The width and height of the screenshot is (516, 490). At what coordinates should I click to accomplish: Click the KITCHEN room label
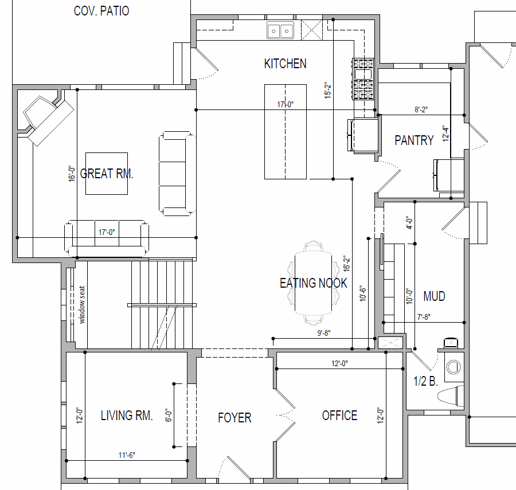[x=286, y=64]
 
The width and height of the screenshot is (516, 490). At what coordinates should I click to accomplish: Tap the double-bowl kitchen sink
[x=280, y=30]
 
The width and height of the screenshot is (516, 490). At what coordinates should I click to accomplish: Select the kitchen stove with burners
[x=363, y=79]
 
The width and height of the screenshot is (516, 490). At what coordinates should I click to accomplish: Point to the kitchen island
[x=286, y=132]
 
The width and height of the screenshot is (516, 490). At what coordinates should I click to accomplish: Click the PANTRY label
[x=415, y=140]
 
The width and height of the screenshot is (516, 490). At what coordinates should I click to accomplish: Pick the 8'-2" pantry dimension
[x=421, y=109]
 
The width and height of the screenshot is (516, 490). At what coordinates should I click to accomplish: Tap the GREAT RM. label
[x=107, y=174]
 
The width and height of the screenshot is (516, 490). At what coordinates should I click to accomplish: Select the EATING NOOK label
[x=313, y=283]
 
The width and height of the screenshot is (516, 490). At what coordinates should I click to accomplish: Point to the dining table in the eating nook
[x=313, y=283]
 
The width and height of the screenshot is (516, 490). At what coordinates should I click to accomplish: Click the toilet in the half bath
[x=451, y=396]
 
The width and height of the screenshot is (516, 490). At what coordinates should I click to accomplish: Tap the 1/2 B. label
[x=425, y=381]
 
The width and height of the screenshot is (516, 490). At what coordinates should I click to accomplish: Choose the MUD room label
[x=435, y=296]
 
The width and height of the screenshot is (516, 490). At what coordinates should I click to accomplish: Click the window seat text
[x=82, y=304]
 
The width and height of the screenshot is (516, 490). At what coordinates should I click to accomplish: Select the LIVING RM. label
[x=127, y=415]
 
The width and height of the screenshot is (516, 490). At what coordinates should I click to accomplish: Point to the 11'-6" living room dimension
[x=127, y=455]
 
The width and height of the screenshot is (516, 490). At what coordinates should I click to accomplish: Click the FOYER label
[x=234, y=418]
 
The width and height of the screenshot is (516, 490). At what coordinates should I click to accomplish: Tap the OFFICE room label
[x=339, y=415]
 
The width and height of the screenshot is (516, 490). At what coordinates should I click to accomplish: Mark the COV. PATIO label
[x=101, y=11]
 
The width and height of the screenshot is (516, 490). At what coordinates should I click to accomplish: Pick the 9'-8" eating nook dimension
[x=324, y=333]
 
